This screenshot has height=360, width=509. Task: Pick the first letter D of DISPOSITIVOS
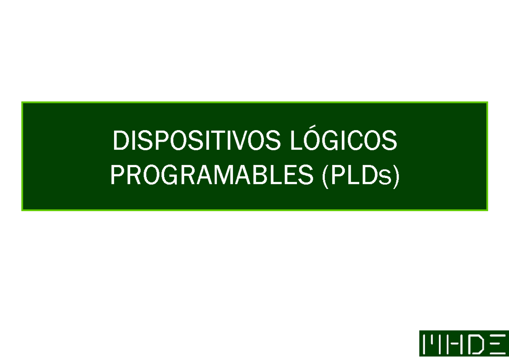(x=120, y=141)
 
